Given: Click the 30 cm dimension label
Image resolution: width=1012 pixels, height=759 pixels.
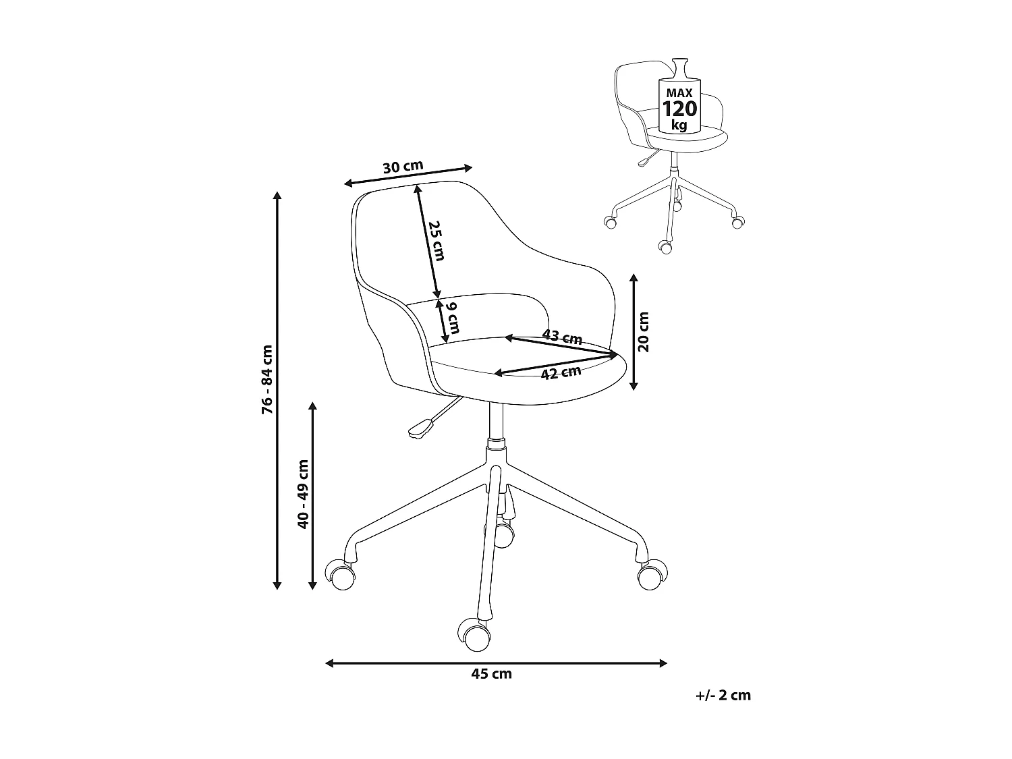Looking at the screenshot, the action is coord(403,166).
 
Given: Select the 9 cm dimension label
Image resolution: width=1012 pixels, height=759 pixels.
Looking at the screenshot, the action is coord(453,318).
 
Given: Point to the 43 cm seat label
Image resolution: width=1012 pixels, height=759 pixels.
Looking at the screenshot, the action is coord(562,337).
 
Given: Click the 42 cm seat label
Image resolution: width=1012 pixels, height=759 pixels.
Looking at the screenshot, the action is coord(561,372).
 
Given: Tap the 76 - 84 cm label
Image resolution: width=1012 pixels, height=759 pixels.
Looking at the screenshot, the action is coord(268,379).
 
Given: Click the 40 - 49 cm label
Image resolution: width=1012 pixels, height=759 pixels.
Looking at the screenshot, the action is coord(303,493).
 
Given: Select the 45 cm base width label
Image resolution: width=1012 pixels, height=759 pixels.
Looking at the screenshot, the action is coord(492,673).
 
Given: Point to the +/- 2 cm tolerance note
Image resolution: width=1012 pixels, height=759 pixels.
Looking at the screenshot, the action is coord(723,695).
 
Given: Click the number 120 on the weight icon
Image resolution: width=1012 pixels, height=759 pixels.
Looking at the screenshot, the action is coord(679,108).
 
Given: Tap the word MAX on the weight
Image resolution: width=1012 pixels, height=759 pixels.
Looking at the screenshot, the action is coord(679,91).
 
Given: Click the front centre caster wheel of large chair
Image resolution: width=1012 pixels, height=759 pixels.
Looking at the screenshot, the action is coord(474,635).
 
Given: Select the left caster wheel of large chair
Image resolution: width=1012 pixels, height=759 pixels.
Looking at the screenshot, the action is coord(341,575).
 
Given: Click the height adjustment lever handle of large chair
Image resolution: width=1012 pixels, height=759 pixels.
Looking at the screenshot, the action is coord(420,428).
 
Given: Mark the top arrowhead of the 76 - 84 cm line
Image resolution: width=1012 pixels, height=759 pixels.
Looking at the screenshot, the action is coord(277,196).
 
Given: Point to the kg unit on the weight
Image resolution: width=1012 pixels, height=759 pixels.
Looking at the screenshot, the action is coord(679,125).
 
